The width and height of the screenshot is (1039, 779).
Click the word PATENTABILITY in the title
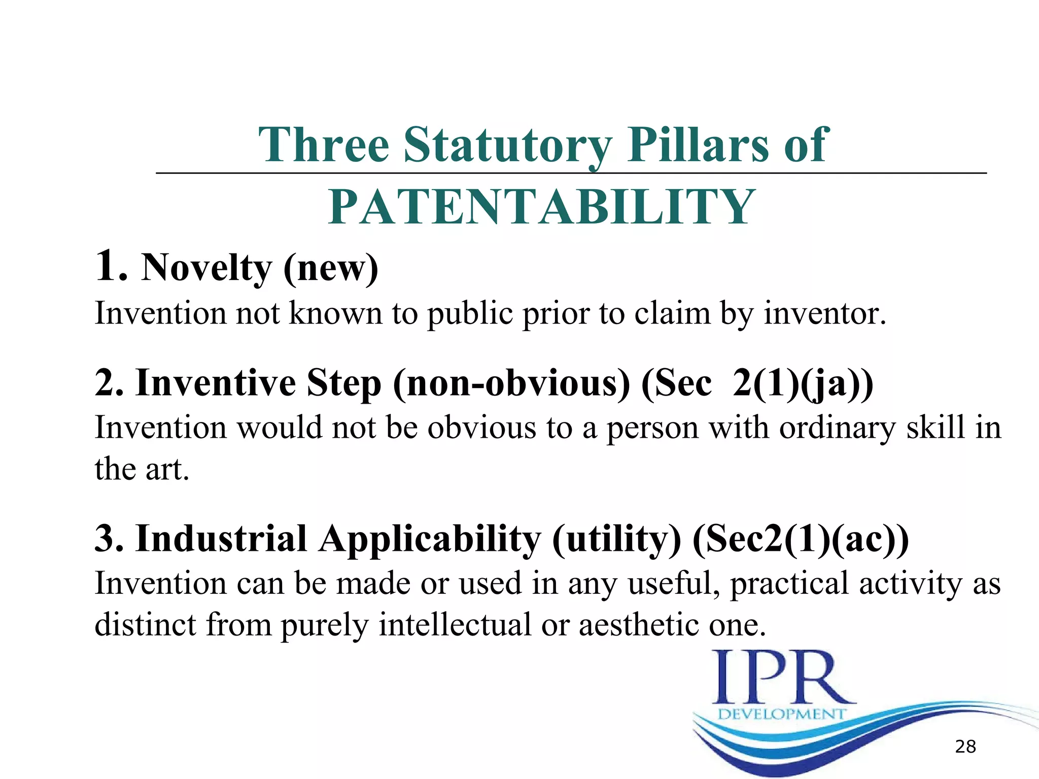(541, 207)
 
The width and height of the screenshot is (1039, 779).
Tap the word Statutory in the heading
(508, 145)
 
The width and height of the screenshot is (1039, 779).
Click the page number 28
(965, 747)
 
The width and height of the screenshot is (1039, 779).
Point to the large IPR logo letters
(781, 678)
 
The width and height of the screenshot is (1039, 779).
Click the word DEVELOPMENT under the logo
(781, 714)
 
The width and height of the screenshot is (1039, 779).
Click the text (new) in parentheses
(331, 268)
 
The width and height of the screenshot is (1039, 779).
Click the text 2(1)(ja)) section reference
(803, 383)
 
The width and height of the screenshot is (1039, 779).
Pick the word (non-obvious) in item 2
(511, 383)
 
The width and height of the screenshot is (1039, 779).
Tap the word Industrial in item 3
(221, 539)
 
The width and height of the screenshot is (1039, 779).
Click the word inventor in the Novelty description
(825, 313)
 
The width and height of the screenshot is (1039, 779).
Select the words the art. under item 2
(142, 469)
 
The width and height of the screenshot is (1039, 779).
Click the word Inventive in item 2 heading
(215, 383)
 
